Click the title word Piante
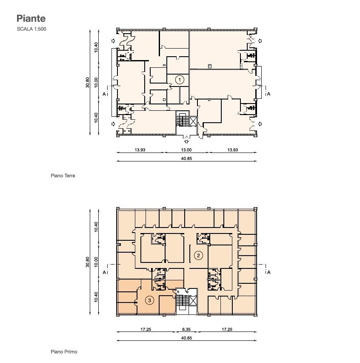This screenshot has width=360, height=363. [31, 18]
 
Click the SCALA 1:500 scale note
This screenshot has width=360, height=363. [31, 29]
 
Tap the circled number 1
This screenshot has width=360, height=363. [180, 80]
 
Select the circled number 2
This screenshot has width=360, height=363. [198, 256]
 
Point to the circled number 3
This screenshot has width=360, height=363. [150, 300]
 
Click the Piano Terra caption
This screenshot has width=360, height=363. [63, 176]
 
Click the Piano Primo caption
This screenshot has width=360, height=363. [64, 351]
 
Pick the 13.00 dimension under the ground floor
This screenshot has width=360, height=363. [186, 150]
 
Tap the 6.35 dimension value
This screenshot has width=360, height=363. [186, 329]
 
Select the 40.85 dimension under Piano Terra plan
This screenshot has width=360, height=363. [186, 158]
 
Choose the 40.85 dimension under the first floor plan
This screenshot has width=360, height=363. [186, 338]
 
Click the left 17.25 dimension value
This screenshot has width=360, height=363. [146, 329]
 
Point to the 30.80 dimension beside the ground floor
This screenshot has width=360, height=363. [87, 82]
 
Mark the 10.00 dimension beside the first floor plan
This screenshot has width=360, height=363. [96, 262]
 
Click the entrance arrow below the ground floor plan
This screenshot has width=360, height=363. [186, 141]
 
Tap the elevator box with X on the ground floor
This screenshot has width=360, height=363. [192, 121]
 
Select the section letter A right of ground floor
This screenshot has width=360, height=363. [269, 94]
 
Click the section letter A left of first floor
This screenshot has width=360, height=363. [104, 273]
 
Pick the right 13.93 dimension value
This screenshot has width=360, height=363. [233, 150]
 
